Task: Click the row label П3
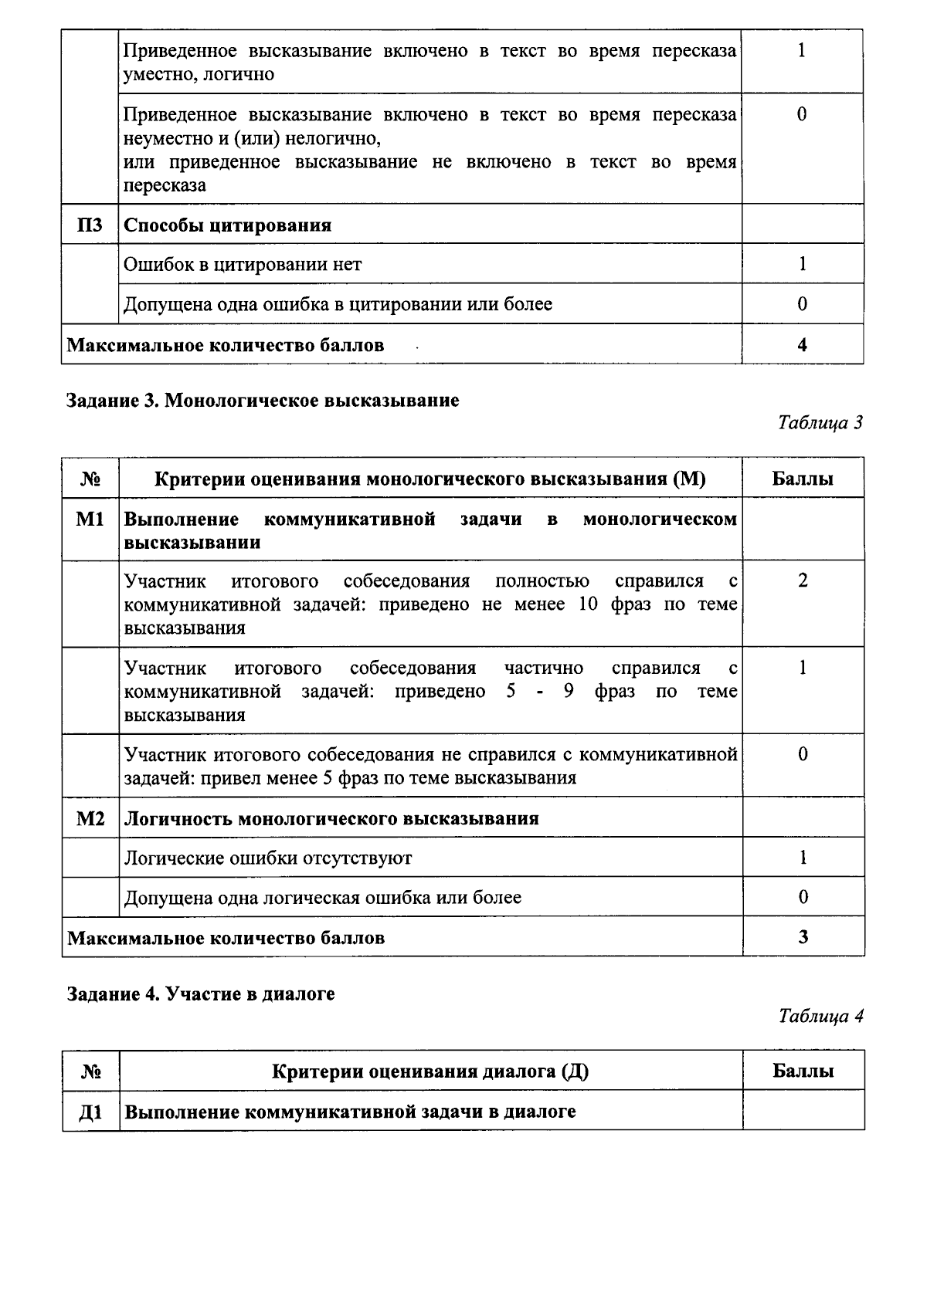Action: [90, 225]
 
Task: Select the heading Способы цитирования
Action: [228, 225]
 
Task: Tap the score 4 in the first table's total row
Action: [802, 344]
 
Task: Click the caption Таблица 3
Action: [820, 422]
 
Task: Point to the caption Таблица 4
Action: [820, 1016]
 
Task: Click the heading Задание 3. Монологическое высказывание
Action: [263, 400]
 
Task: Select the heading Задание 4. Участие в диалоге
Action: [201, 994]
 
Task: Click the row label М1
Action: [90, 520]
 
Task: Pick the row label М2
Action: [90, 818]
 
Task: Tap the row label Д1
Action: [90, 1112]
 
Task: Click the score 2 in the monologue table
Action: [803, 581]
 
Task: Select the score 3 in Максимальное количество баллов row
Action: [803, 936]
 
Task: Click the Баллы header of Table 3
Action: [803, 479]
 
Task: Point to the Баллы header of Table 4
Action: [803, 1071]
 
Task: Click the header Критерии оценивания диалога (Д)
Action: [430, 1071]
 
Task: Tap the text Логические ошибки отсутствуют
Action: [268, 858]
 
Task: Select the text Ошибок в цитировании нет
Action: [243, 264]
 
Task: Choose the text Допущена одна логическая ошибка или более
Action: [323, 897]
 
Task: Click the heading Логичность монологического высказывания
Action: [331, 818]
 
